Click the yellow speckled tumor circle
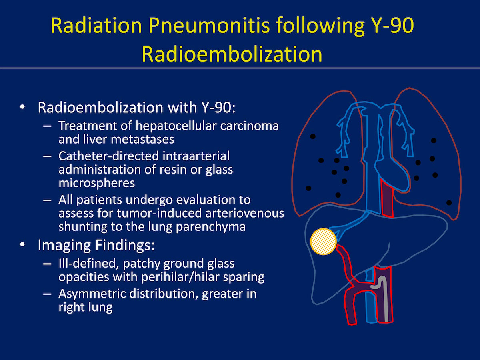323,241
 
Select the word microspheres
97,183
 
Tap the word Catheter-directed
109,156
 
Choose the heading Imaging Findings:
96,245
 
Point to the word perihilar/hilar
184,277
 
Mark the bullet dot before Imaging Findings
22,244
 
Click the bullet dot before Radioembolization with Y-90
22,107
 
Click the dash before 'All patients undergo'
47,200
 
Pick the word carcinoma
250,126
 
